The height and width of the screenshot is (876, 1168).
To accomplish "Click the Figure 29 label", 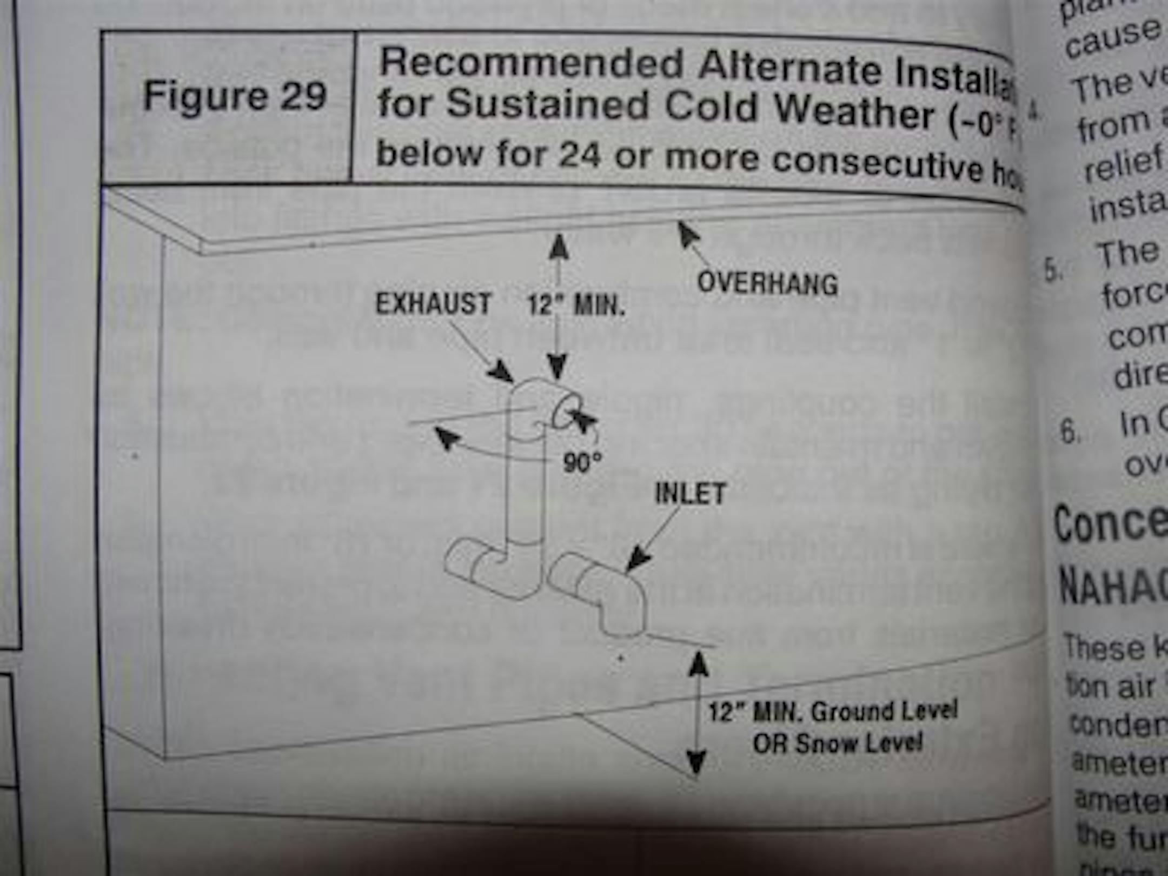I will tap(235, 96).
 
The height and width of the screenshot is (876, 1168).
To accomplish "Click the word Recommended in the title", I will tap(531, 63).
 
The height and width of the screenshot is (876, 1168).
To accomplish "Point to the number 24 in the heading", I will tap(579, 155).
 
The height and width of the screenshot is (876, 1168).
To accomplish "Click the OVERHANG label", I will tap(767, 283).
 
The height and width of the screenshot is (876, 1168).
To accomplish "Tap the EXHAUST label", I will tap(433, 304).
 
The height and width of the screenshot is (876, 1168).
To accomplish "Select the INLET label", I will tap(690, 494).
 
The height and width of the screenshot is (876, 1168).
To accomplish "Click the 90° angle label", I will tap(582, 462).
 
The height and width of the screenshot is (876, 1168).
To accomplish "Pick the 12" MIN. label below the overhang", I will tap(576, 306).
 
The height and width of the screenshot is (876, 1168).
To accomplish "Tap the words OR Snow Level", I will tap(838, 744).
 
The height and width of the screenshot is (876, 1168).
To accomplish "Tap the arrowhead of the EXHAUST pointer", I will tap(501, 371).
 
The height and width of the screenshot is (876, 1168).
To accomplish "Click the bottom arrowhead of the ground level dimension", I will tap(696, 762).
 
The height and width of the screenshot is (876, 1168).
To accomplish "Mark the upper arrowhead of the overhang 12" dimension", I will tap(559, 246).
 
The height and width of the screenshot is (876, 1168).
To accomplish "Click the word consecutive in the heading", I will tap(876, 164).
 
